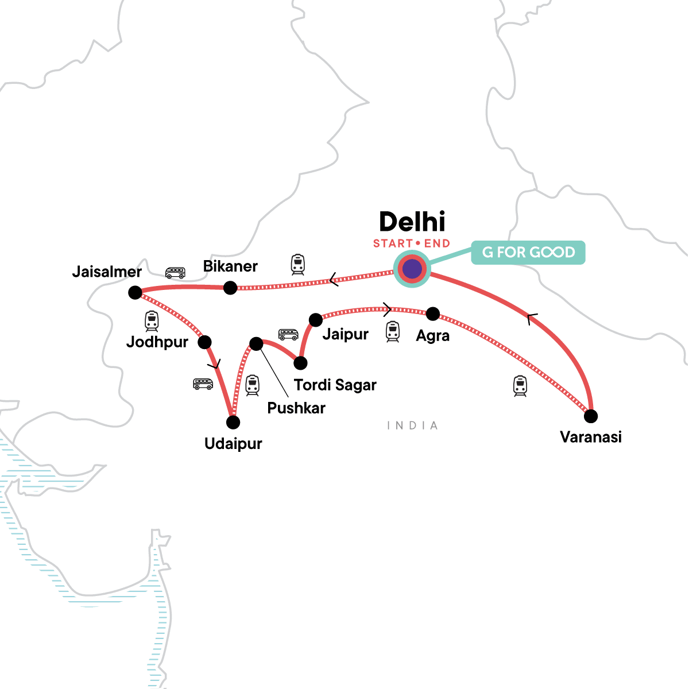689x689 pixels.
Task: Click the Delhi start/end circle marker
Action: tap(412, 269)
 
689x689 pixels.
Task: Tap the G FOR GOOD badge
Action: tap(528, 253)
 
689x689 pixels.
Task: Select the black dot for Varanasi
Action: tap(590, 416)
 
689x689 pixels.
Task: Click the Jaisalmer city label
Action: tap(107, 272)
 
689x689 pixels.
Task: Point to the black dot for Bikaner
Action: tap(230, 288)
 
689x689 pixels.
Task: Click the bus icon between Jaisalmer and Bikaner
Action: tap(175, 273)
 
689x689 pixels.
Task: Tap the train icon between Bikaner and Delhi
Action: tap(297, 264)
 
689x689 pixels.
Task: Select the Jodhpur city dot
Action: tap(204, 342)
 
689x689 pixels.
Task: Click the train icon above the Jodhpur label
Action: tap(152, 321)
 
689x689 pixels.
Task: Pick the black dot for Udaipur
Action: tap(233, 423)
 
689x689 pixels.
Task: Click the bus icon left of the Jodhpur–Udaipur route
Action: tap(203, 384)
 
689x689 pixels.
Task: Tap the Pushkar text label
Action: tap(296, 408)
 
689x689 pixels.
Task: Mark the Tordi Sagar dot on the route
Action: tap(300, 363)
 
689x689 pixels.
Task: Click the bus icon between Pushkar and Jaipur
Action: tap(288, 334)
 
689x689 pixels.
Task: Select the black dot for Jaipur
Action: tap(316, 319)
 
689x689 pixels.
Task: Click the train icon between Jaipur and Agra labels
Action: tap(392, 331)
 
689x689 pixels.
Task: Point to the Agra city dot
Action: tap(433, 314)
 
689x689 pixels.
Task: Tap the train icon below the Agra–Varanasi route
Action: tap(520, 386)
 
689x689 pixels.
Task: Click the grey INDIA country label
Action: tap(412, 425)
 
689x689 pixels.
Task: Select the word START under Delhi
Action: tap(393, 243)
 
